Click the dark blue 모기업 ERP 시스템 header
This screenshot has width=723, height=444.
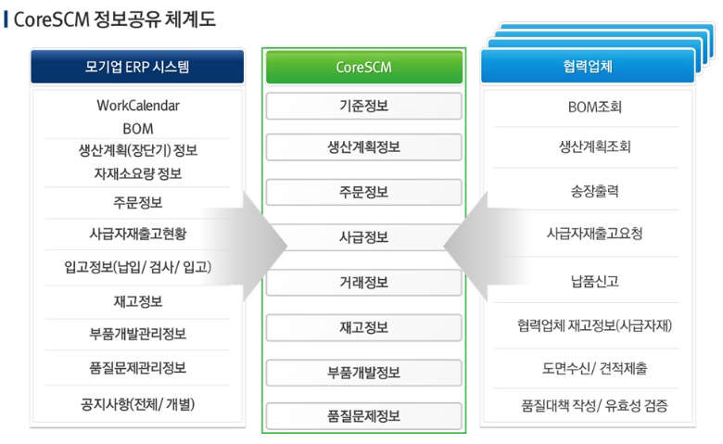coord(137,67)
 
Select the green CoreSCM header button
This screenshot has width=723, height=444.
coord(363,67)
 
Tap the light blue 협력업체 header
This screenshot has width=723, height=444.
coord(588,67)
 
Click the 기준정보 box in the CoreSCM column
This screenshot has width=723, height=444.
coord(363,106)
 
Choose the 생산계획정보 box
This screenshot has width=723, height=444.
coord(363,147)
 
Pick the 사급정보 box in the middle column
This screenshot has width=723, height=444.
coord(363,237)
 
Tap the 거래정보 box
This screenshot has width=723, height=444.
coord(363,282)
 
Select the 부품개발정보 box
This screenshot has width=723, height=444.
coord(363,373)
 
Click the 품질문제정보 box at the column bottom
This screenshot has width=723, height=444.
coord(363,416)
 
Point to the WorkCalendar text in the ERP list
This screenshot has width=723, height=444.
coord(138,106)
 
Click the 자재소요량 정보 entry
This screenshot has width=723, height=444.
coord(138,174)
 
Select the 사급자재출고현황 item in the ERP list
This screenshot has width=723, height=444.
coord(138,234)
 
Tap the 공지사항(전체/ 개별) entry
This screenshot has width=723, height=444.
coord(138,404)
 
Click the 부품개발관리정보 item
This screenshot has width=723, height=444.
coord(138,334)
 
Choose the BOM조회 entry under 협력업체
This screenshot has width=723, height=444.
coord(595,108)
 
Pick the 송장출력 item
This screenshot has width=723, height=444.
coord(595,191)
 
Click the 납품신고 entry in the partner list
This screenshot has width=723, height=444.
coord(595,281)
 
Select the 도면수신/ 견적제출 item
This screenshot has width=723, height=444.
coord(595,368)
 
